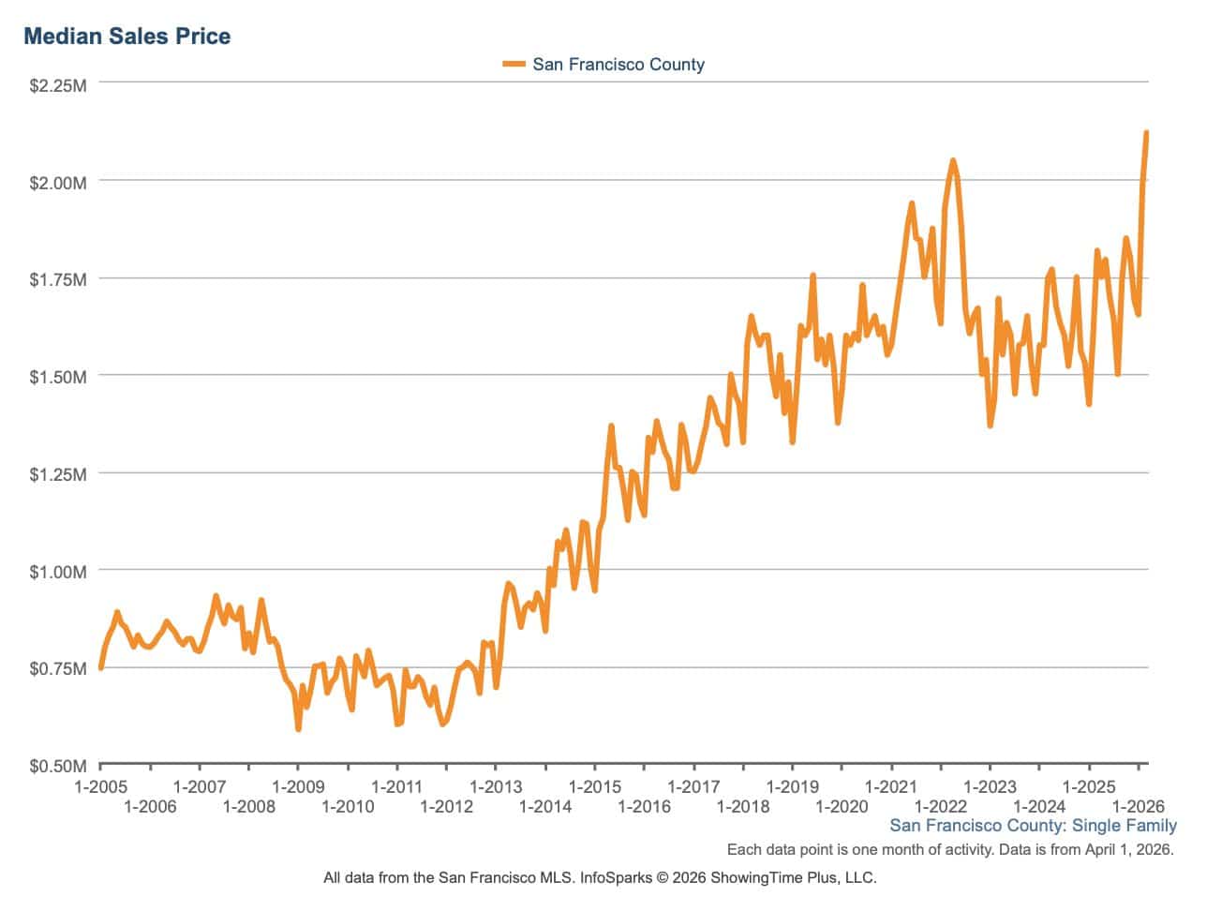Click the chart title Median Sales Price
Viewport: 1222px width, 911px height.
coord(127,37)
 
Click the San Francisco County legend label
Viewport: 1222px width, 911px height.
coord(618,65)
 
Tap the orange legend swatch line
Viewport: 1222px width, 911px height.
coord(514,65)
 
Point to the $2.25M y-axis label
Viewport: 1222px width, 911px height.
coord(58,86)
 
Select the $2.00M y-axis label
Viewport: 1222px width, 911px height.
coord(58,182)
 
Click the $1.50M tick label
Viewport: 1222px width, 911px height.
coord(58,377)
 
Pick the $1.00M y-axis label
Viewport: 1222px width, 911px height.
coord(58,572)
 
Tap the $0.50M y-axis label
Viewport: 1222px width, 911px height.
coord(58,767)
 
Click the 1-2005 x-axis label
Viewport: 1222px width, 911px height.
coord(100,787)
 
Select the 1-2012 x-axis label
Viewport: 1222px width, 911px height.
coord(446,807)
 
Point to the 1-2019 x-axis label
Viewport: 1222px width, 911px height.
coord(793,787)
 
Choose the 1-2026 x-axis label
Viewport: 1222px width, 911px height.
coord(1138,807)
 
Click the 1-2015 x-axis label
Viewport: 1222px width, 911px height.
coord(595,787)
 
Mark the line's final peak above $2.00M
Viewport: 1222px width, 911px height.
coord(1146,134)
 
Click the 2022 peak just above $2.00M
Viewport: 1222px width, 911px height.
coord(953,161)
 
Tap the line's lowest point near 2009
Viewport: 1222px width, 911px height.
coord(298,727)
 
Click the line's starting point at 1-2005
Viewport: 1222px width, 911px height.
coord(101,667)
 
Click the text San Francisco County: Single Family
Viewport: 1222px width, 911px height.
coord(1033,826)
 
